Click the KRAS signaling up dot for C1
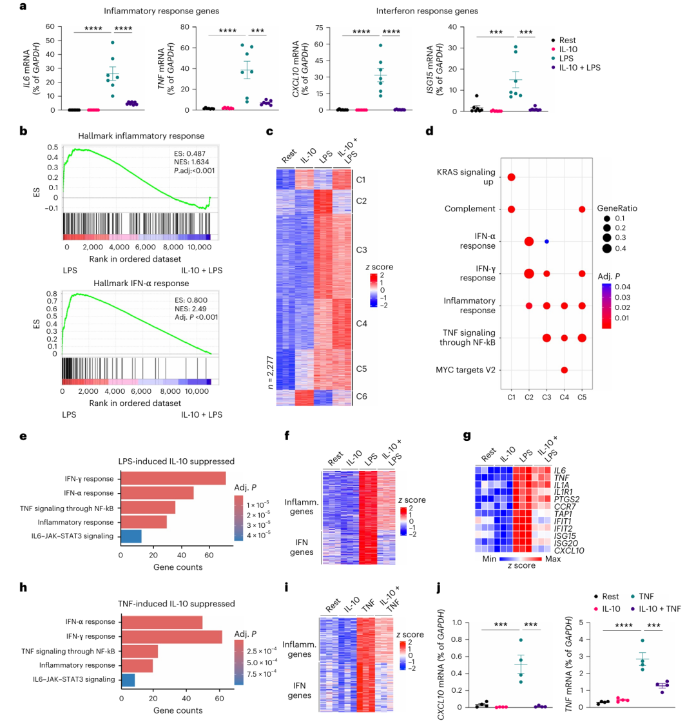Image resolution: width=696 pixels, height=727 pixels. click(x=511, y=177)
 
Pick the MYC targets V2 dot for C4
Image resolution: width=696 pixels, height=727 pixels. click(x=564, y=369)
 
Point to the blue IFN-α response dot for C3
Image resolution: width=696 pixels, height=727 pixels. click(x=546, y=241)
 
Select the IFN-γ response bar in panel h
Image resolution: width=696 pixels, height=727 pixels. click(x=171, y=636)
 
